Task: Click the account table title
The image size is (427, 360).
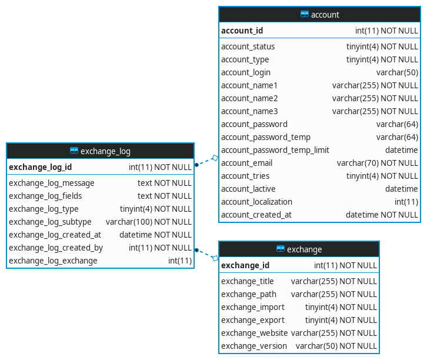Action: (x=325, y=15)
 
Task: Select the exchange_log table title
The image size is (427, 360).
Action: (x=105, y=151)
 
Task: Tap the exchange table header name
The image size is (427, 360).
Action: (x=304, y=249)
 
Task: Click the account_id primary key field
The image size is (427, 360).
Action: (x=242, y=31)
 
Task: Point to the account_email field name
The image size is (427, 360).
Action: (x=247, y=163)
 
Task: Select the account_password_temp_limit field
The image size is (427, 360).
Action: (x=275, y=150)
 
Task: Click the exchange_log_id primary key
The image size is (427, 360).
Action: (x=41, y=167)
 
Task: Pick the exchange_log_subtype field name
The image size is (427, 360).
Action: (x=50, y=222)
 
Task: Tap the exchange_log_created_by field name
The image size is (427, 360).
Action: (x=56, y=248)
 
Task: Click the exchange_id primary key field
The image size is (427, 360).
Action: (x=245, y=265)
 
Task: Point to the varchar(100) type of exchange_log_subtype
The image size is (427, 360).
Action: (x=149, y=222)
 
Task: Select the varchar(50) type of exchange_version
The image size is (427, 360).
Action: (x=336, y=346)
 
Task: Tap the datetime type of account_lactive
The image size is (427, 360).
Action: (x=402, y=189)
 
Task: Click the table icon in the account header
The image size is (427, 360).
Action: (x=305, y=15)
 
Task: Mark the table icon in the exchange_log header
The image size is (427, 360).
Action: (x=74, y=151)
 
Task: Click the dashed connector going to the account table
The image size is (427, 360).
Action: (x=206, y=161)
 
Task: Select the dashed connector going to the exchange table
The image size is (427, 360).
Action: (x=206, y=254)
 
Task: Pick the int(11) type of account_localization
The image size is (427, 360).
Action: (x=406, y=202)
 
